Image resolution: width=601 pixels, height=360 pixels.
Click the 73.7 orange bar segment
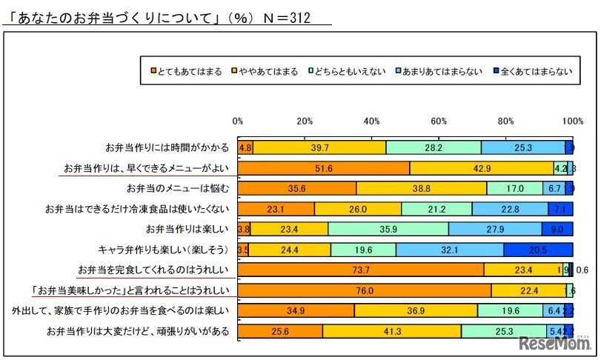click(361, 270)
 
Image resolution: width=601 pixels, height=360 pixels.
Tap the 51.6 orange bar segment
click(324, 168)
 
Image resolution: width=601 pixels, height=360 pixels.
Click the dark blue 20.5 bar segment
click(538, 250)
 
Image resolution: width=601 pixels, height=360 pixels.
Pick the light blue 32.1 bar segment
click(449, 250)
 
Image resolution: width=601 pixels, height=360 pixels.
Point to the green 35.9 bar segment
click(388, 229)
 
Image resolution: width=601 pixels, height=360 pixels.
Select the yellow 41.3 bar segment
click(392, 331)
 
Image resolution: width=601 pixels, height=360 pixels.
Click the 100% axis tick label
click(572, 121)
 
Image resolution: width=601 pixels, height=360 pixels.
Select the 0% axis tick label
click(238, 121)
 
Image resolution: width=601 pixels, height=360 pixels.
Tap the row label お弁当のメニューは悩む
click(178, 188)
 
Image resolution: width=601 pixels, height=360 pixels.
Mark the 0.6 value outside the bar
click(582, 270)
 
